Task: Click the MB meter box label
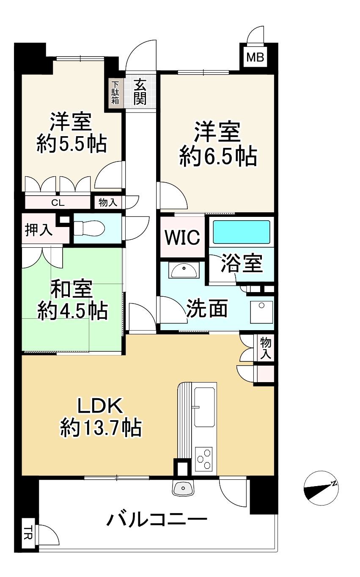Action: pos(255,57)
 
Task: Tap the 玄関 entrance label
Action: pos(140,92)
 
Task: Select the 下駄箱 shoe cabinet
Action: pos(115,93)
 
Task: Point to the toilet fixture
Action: pos(89,228)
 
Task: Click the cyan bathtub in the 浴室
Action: pos(242,232)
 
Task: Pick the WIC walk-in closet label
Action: pos(182,237)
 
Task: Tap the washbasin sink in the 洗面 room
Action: pos(184,270)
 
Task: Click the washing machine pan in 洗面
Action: pos(261,312)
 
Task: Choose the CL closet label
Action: pos(58,203)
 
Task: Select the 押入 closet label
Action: pos(38,230)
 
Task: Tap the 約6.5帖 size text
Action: pos(218,156)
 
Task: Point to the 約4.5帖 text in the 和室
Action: pos(73,311)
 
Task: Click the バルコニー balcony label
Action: pos(157,519)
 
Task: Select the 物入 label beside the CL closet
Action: pos(108,202)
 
